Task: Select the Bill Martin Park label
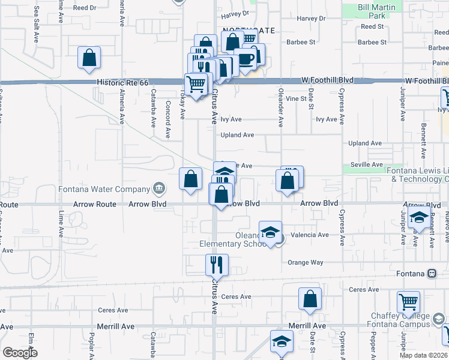(379, 11)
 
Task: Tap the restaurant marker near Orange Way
(216, 264)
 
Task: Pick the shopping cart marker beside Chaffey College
(408, 302)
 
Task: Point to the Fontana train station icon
(432, 274)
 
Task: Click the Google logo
(20, 353)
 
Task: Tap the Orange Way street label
(305, 263)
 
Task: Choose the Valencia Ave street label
(310, 235)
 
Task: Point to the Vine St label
(296, 98)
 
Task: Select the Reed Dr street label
(84, 8)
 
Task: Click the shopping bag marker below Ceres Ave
(310, 299)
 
